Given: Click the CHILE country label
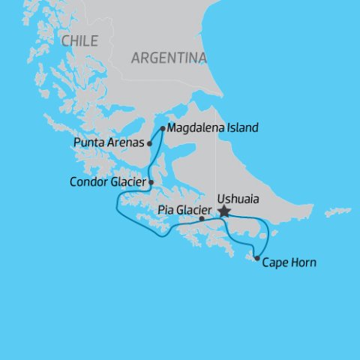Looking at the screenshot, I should click(x=79, y=41).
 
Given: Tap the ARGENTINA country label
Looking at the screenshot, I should click(x=169, y=58).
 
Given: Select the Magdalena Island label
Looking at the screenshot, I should click(x=213, y=128).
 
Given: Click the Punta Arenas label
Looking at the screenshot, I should click(x=109, y=142).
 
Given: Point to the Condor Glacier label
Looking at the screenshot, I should click(x=108, y=181).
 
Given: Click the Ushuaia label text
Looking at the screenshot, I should click(x=235, y=200).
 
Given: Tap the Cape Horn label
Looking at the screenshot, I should click(x=289, y=262).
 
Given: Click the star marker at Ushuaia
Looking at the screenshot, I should click(x=223, y=212).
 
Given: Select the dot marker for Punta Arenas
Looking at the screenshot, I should click(x=150, y=142).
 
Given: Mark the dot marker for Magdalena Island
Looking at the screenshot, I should click(x=163, y=128).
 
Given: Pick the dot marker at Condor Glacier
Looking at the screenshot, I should click(x=151, y=181).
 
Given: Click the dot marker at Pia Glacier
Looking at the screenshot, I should click(x=202, y=219).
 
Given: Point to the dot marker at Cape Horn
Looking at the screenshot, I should click(x=257, y=259).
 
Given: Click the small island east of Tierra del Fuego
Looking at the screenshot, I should click(x=338, y=212).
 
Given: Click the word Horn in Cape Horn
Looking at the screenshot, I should click(x=304, y=262).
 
